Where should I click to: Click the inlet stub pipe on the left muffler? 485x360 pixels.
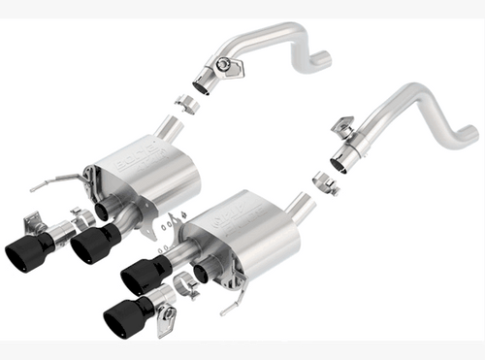coord(171,126)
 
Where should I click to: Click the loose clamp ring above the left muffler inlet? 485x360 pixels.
coord(188,104)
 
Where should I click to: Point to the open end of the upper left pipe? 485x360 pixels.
coord(201,85)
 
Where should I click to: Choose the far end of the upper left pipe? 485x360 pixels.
coord(321,60)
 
